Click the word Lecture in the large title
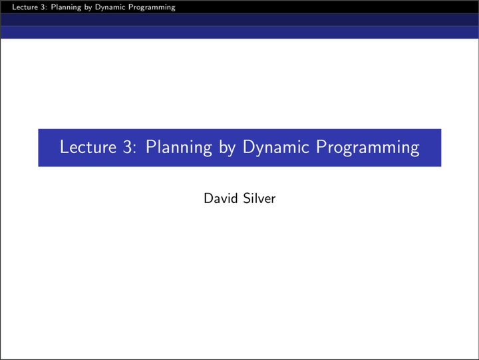coord(88,147)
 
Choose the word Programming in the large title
coord(367,148)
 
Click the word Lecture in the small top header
coord(15,7)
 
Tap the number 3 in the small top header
coord(33,7)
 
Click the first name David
coord(220,198)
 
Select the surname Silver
coord(258,198)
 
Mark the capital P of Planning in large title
coord(150,147)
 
